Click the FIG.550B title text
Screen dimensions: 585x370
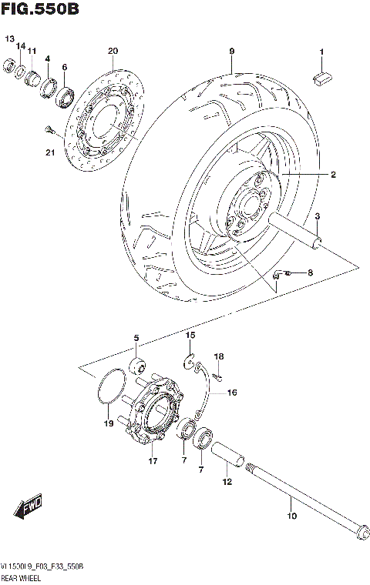39,9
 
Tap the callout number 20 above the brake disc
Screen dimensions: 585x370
113,52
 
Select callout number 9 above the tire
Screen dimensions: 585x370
230,52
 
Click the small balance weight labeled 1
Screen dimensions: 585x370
322,75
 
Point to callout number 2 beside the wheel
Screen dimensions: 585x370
333,175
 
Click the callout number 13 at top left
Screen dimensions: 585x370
10,38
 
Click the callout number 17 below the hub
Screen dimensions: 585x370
153,462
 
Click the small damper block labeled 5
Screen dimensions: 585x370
139,363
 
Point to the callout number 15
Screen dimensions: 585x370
190,336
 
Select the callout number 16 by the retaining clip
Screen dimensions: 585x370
231,393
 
